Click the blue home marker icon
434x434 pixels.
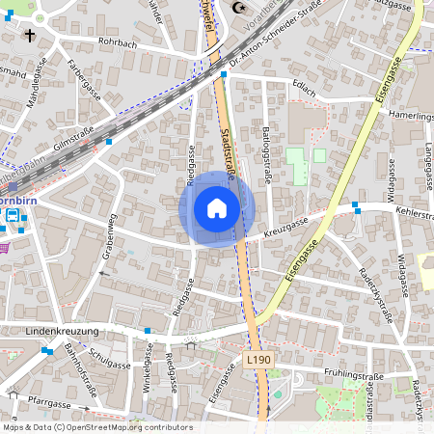pyautogui.click(x=217, y=208)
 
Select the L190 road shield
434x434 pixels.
pyautogui.click(x=258, y=359)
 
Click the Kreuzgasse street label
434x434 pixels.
pyautogui.click(x=283, y=226)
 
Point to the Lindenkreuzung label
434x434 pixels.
pyautogui.click(x=62, y=331)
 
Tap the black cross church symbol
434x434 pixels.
pyautogui.click(x=30, y=36)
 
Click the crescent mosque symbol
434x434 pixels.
pyautogui.click(x=239, y=8)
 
